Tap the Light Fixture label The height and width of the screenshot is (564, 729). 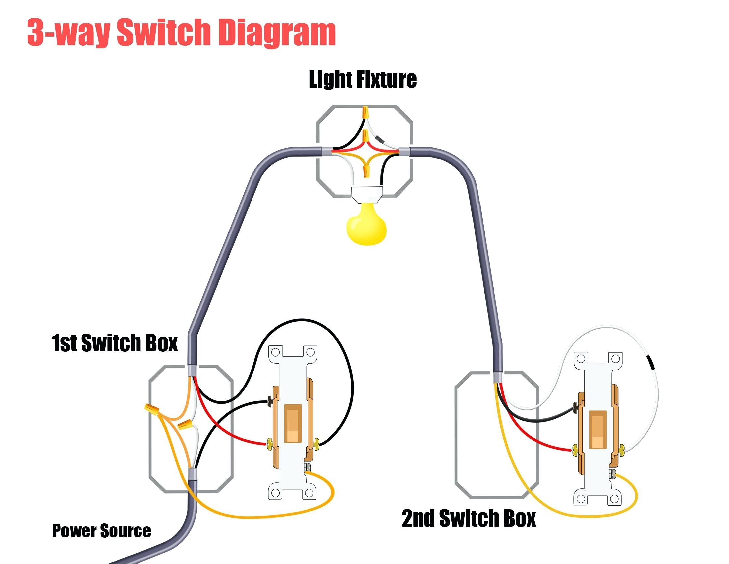click(x=363, y=80)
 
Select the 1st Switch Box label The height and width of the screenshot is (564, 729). click(x=115, y=343)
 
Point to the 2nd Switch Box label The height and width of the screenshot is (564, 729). click(x=468, y=518)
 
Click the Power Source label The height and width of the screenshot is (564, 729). click(x=101, y=530)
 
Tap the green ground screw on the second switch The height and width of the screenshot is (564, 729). click(x=613, y=473)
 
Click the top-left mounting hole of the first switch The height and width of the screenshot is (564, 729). click(x=276, y=352)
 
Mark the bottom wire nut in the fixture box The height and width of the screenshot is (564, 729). click(x=366, y=171)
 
